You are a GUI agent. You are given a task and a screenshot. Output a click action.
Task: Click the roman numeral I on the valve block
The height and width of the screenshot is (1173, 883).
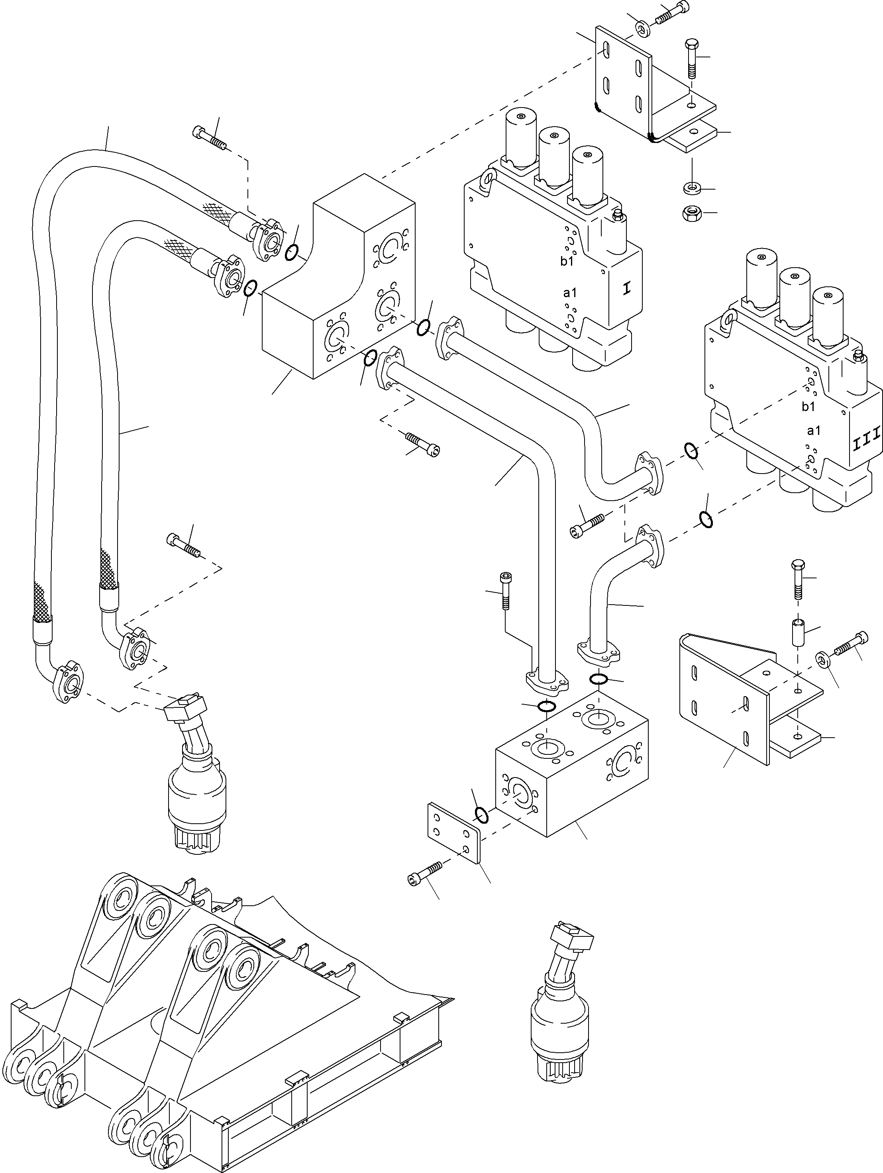(x=627, y=289)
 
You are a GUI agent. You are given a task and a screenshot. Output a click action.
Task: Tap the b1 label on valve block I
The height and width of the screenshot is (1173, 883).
(x=567, y=261)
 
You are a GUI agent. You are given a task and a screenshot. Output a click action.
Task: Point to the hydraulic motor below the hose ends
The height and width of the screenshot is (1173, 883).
(x=196, y=779)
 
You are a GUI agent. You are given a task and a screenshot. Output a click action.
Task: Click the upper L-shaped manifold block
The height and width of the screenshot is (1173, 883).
(x=339, y=286)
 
